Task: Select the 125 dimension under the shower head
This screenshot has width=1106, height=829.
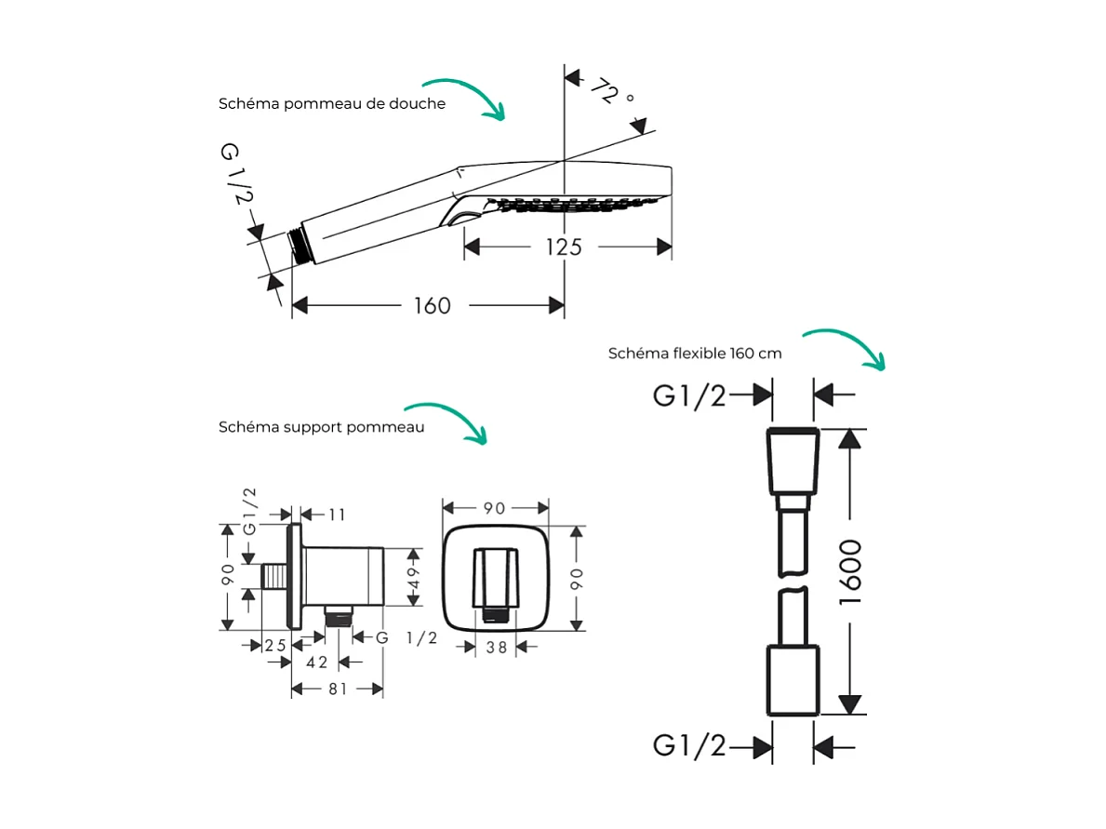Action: [564, 247]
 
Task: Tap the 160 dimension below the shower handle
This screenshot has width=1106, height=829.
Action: [432, 305]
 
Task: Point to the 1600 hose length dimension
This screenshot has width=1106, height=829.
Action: [850, 571]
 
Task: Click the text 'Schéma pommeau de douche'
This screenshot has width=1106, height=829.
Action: [332, 103]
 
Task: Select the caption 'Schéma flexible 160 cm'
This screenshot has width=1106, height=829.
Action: [695, 354]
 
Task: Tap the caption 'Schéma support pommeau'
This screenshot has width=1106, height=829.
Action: [322, 427]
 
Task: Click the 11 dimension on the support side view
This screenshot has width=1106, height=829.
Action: [336, 514]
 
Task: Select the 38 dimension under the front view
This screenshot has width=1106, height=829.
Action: [497, 648]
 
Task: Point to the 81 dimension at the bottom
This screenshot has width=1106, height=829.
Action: [337, 689]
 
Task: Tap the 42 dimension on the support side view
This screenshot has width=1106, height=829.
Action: [317, 662]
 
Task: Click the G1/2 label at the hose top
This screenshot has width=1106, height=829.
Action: [689, 395]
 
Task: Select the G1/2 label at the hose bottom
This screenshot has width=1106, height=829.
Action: [689, 745]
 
